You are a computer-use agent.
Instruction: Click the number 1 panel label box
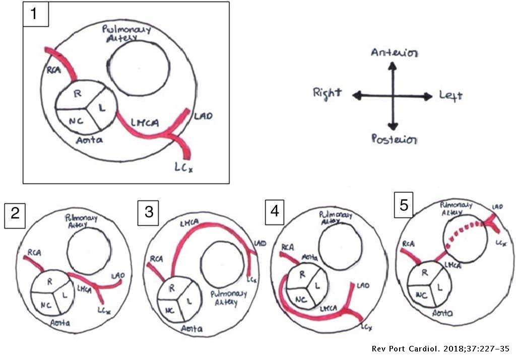(x=35, y=14)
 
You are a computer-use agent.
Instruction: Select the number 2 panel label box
(x=15, y=214)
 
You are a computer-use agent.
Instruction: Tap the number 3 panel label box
(x=149, y=211)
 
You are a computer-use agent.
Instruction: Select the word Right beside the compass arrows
(x=327, y=93)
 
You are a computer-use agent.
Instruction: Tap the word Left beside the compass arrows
(x=450, y=96)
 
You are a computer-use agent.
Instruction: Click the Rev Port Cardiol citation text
(x=441, y=349)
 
